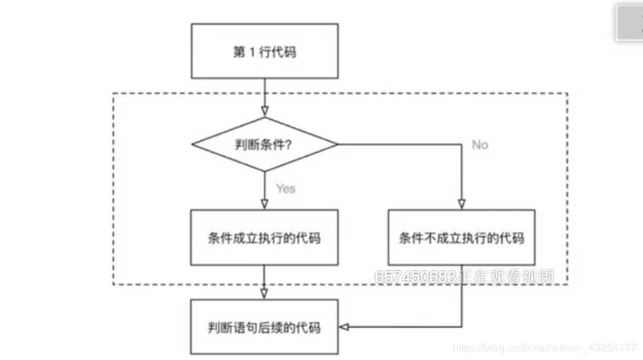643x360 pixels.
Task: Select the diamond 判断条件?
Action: [x=265, y=144]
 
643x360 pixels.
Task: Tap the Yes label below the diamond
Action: [x=286, y=188]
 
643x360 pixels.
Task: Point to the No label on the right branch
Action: [x=480, y=145]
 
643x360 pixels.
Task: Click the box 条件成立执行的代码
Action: [x=265, y=237]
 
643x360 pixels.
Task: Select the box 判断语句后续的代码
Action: [x=265, y=327]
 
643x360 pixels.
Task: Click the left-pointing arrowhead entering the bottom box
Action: [x=344, y=327]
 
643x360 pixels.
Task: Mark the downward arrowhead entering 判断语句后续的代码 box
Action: [x=265, y=294]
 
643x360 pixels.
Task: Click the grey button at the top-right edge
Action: [x=629, y=24]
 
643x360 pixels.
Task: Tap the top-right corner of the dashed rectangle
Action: [x=567, y=94]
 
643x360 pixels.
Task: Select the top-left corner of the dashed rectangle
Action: [x=113, y=94]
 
